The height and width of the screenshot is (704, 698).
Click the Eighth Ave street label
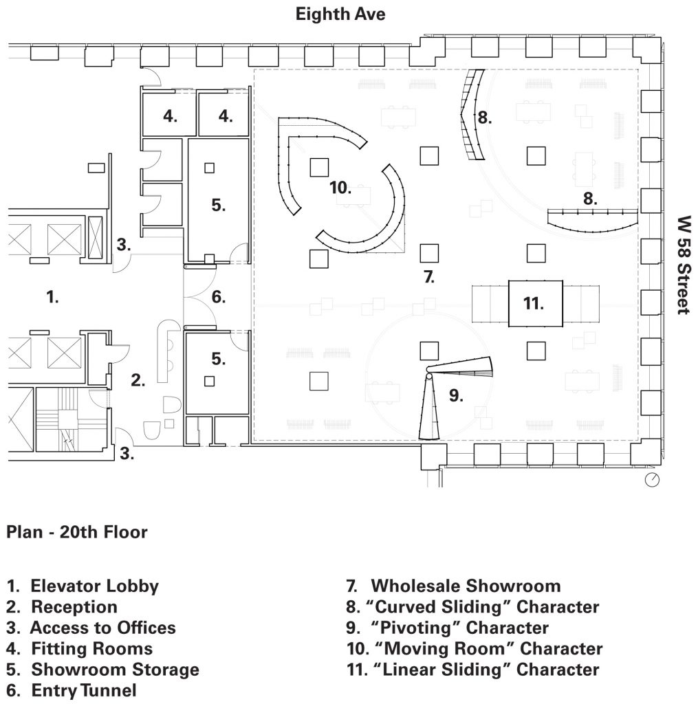[x=340, y=14]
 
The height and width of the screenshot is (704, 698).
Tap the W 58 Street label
[x=684, y=265]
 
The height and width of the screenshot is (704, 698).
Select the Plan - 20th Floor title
[x=77, y=532]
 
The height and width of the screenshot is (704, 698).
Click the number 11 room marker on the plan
[x=533, y=303]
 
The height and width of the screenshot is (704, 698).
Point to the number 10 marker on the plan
[x=340, y=187]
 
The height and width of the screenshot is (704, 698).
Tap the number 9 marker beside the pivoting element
[x=456, y=395]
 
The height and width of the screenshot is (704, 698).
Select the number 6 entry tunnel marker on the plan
[x=218, y=297]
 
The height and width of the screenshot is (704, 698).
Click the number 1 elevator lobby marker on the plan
[x=52, y=297]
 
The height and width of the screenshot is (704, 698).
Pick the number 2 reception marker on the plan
[x=138, y=380]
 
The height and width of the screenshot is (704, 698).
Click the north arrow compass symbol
[x=652, y=479]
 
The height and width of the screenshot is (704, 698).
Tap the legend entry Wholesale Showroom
[x=453, y=586]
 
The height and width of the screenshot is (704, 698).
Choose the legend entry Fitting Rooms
[x=80, y=649]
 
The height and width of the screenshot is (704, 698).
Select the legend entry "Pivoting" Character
[x=448, y=628]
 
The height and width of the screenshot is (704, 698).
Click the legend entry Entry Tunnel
[x=72, y=690]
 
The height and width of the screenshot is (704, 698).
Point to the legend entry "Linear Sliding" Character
[x=473, y=670]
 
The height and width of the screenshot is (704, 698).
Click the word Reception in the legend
[x=74, y=607]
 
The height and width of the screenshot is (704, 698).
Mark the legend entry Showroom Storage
[x=103, y=670]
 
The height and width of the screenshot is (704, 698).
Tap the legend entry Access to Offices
[x=91, y=628]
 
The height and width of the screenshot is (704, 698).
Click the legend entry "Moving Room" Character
[x=475, y=649]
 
